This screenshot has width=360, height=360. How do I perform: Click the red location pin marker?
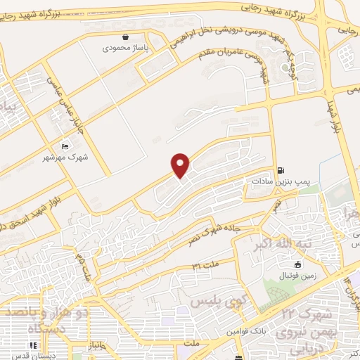(x=181, y=165)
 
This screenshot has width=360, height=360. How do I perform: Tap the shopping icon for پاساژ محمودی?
(x=125, y=37)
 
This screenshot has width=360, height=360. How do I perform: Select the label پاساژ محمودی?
(x=124, y=49)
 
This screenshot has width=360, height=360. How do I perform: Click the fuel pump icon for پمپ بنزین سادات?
(x=281, y=169)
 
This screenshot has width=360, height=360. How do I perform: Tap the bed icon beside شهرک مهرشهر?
(x=65, y=146)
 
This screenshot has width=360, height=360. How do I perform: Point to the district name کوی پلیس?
(x=212, y=301)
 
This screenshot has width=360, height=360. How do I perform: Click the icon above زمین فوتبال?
(x=298, y=265)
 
